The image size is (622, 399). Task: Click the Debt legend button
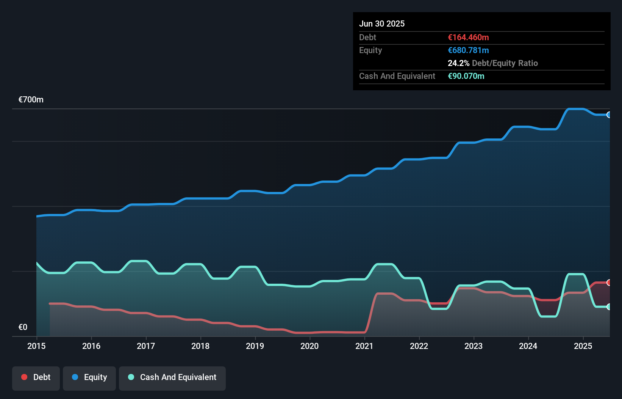[x=36, y=377]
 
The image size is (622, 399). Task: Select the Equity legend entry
[x=89, y=377]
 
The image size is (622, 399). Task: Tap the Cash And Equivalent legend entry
[x=172, y=377]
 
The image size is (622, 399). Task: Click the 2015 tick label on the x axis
[x=36, y=346]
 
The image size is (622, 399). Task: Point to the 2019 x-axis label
[x=255, y=346]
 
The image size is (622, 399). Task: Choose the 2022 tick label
[x=419, y=346]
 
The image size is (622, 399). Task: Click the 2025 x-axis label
[x=583, y=346]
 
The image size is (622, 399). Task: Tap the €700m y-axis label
[x=31, y=100]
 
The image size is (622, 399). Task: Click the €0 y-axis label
[x=23, y=327]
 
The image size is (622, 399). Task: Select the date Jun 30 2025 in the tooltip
[x=382, y=24]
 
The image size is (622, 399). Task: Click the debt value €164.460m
[x=468, y=38]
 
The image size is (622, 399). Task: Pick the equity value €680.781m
[x=468, y=50]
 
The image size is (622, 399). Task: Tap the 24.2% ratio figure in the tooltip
[x=458, y=63]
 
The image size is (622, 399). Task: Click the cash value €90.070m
[x=466, y=76]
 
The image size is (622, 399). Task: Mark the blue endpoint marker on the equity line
[x=609, y=115]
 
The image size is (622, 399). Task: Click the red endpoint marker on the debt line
[x=609, y=283]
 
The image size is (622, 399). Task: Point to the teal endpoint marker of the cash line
[x=609, y=307]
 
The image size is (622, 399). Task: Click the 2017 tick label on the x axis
[x=146, y=346]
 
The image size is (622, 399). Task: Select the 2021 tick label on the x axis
[x=364, y=346]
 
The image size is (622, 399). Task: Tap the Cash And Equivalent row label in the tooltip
[x=397, y=76]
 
